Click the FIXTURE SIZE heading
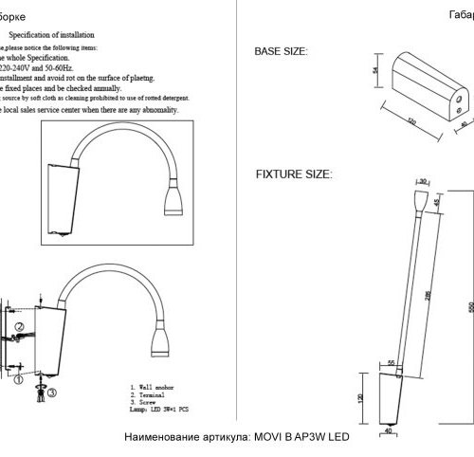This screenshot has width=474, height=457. [x=293, y=175]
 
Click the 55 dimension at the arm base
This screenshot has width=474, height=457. [x=391, y=362]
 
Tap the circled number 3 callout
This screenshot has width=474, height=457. [x=54, y=390]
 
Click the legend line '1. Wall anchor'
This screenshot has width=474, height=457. [x=157, y=388]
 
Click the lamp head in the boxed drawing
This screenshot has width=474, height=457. [x=177, y=198]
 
